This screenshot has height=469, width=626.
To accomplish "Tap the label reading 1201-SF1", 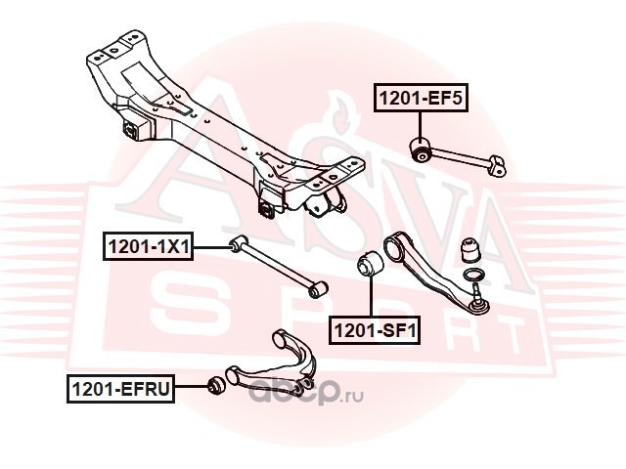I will point(373,330).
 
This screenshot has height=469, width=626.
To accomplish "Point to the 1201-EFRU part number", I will point(120,390).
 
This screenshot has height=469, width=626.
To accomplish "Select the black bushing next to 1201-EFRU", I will point(217,383).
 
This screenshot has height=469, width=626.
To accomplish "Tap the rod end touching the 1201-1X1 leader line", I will point(236,244).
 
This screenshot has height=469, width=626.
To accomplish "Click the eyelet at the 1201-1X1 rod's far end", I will point(316,289).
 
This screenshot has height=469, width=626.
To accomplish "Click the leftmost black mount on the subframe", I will point(131,130).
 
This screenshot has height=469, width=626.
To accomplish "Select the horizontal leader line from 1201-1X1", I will point(210,247).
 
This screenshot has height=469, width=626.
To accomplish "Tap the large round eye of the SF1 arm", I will point(397,243).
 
